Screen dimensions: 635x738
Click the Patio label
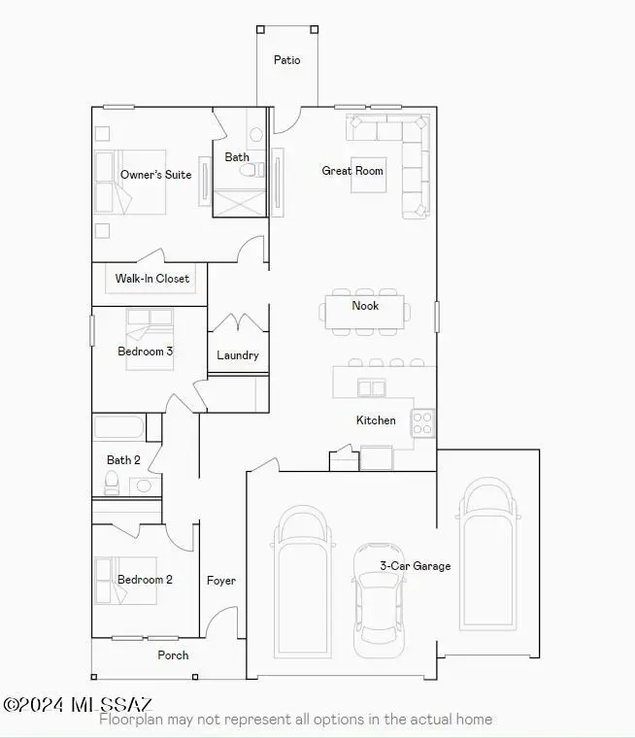tap(286, 60)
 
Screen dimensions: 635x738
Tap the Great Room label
tap(352, 171)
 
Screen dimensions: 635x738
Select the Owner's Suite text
tap(155, 175)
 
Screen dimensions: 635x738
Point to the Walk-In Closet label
tap(152, 279)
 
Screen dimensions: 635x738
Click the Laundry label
tap(238, 355)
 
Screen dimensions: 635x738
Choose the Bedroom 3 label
tap(145, 352)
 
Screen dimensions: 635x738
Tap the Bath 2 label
tap(123, 460)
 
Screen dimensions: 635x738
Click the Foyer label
tap(221, 581)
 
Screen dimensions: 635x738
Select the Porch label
tap(173, 655)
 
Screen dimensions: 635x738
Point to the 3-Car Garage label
tap(416, 566)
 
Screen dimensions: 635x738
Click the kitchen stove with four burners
tap(422, 422)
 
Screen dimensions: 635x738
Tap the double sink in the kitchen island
tap(372, 387)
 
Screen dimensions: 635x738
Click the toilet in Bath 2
tap(112, 484)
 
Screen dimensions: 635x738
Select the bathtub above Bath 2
tap(118, 427)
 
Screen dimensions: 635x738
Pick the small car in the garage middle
tap(379, 600)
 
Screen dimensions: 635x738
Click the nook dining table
tap(364, 312)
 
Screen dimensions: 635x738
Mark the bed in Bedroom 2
tap(125, 581)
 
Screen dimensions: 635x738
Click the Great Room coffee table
tap(369, 175)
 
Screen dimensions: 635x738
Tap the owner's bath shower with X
tap(240, 203)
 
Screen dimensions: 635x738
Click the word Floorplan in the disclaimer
tap(131, 720)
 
